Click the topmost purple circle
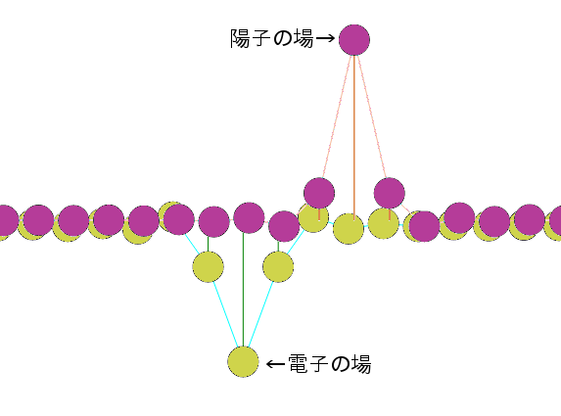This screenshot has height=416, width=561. click(x=354, y=40)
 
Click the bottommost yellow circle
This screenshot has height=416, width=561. click(x=243, y=361)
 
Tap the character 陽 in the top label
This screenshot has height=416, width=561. click(x=240, y=38)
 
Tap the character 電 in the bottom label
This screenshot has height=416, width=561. click(x=298, y=363)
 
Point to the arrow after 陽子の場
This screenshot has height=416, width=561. click(x=325, y=38)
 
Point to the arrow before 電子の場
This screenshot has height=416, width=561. click(x=275, y=364)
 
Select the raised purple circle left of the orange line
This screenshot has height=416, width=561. click(x=319, y=193)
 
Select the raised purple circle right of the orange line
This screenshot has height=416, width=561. click(x=390, y=193)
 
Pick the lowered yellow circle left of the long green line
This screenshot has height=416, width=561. click(x=209, y=266)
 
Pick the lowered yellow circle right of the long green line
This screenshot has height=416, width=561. click(x=278, y=266)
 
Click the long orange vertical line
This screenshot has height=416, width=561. click(x=354, y=137)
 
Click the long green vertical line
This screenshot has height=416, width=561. click(x=243, y=290)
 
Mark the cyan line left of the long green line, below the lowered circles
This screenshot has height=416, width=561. click(x=226, y=315)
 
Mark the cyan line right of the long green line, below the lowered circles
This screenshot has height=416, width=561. click(x=260, y=315)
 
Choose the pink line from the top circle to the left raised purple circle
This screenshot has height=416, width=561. click(x=337, y=116)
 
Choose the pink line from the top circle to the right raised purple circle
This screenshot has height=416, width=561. click(x=372, y=116)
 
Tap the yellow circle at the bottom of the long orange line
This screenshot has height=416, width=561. click(x=349, y=229)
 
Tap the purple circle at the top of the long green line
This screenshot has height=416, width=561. click(x=249, y=218)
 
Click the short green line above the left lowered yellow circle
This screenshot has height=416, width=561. click(x=209, y=244)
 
